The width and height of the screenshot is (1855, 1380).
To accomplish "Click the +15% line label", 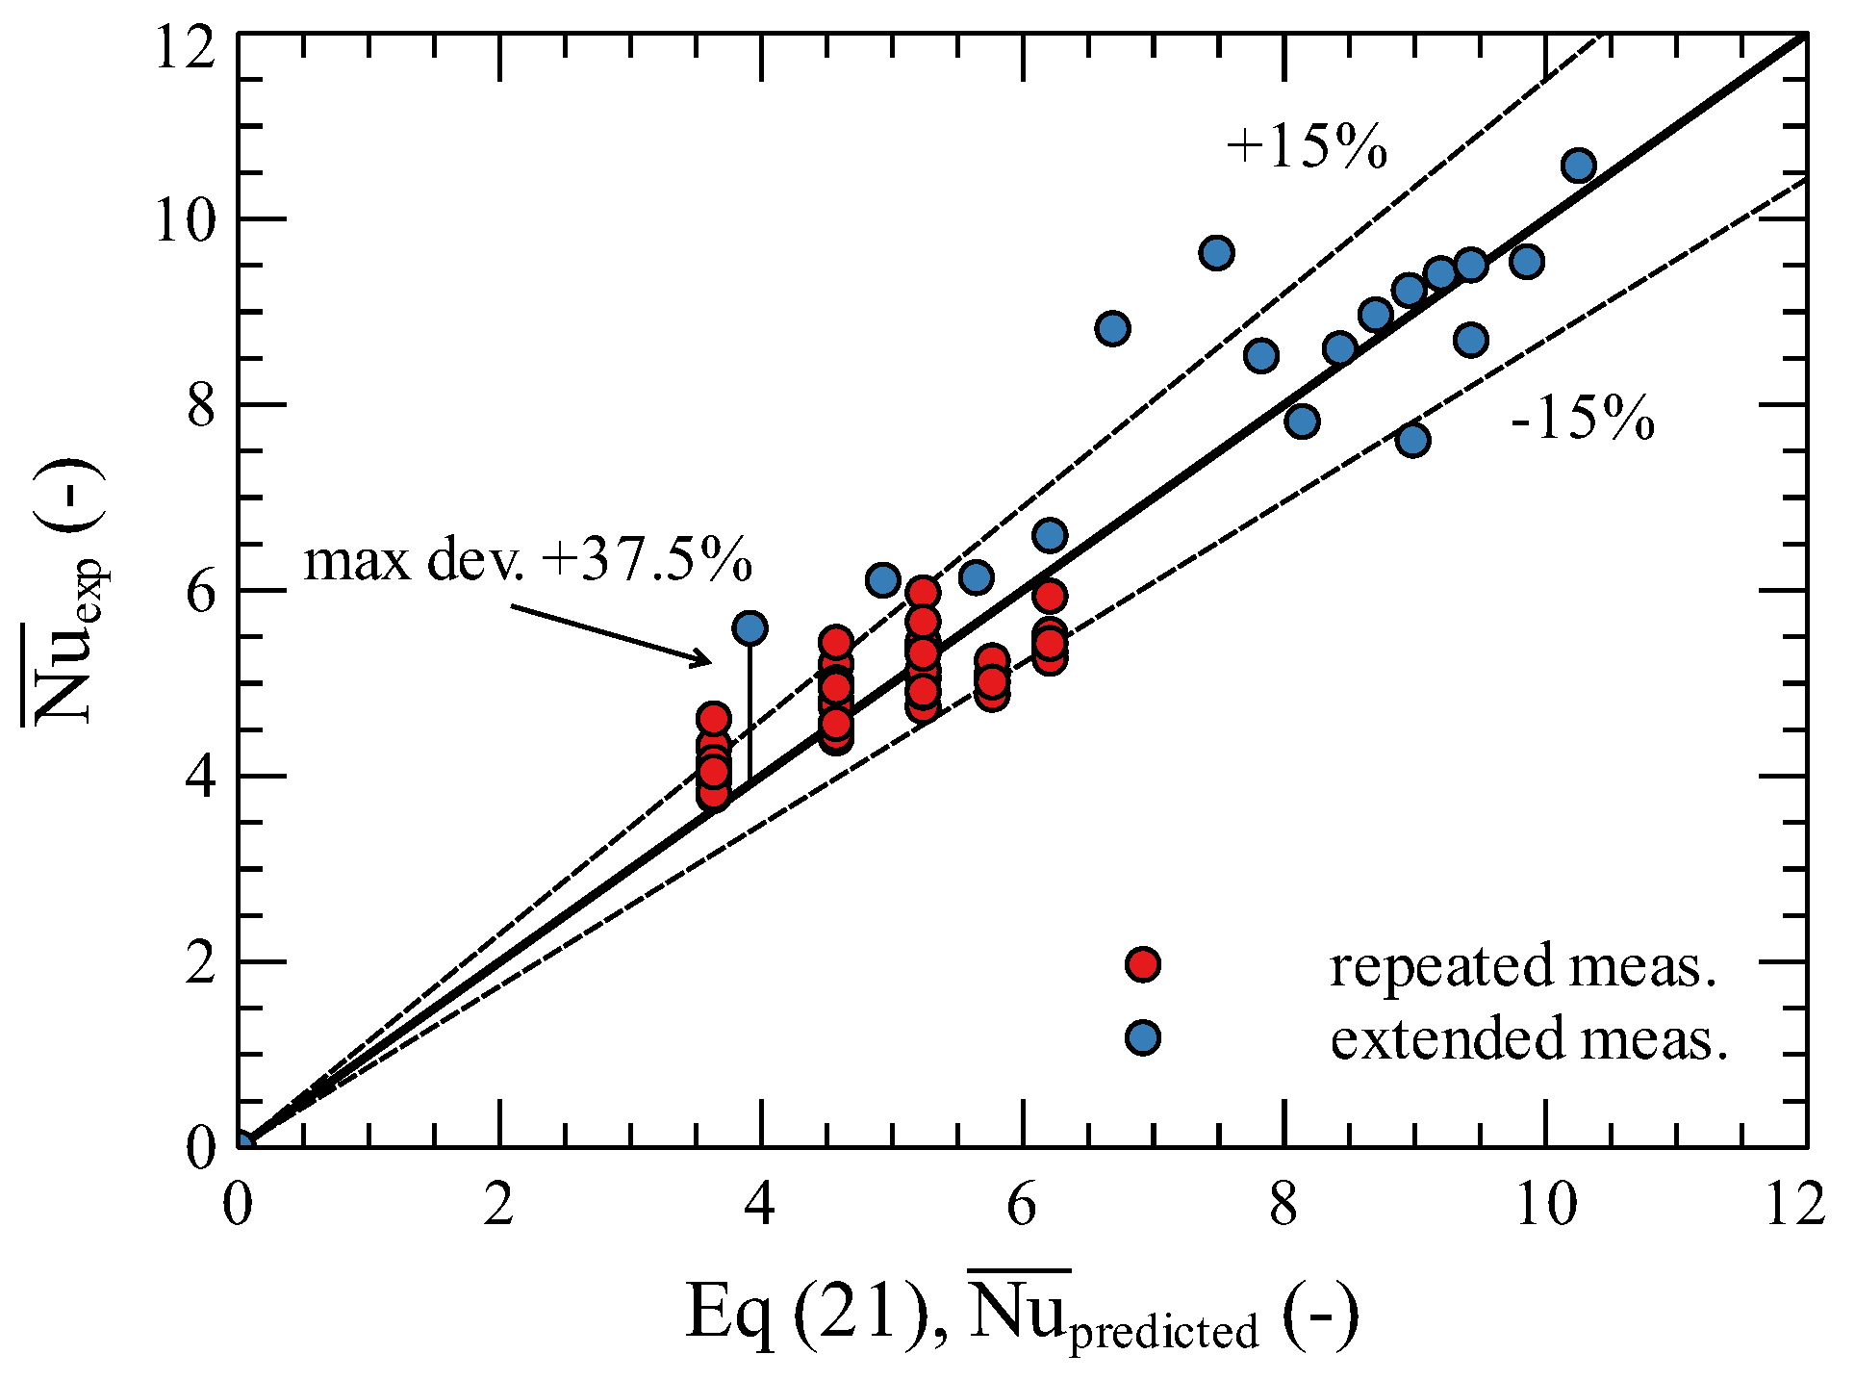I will [x=1307, y=147].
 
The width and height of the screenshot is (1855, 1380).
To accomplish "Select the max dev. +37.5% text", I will [x=527, y=560].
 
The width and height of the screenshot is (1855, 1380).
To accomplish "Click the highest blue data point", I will [x=1578, y=166].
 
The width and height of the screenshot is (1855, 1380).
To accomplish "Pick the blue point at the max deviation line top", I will [x=750, y=628].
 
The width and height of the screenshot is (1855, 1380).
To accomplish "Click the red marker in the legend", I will [x=1142, y=964].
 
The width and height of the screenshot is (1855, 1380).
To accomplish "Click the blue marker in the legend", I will [x=1142, y=1037].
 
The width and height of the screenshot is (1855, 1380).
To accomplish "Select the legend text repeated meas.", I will [x=1523, y=966].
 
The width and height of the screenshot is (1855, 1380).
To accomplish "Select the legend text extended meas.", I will [x=1529, y=1039].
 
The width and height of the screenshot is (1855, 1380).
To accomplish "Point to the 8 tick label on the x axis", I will [x=1283, y=1204].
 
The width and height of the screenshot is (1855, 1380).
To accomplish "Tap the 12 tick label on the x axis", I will [x=1795, y=1204].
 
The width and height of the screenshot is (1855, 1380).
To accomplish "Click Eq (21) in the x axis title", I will [x=806, y=1313].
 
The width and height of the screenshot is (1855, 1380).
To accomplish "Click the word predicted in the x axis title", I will [x=1164, y=1332].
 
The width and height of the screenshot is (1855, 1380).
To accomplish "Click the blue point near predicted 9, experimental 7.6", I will [x=1411, y=441].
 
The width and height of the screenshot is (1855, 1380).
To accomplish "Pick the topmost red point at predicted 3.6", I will [x=713, y=718].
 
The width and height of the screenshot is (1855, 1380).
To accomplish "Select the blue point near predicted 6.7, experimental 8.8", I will [x=1112, y=329].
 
